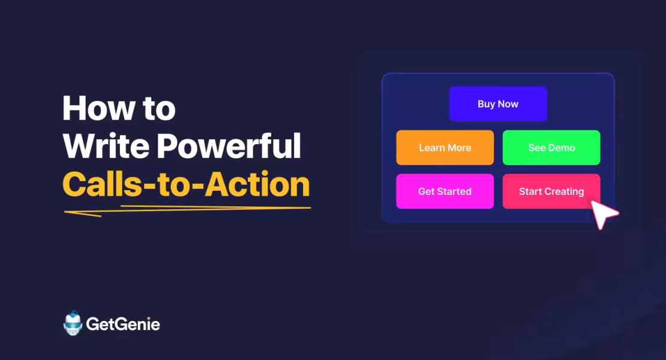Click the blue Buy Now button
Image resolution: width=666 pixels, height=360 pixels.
coord(498,104)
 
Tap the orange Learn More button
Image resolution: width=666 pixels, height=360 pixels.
coord(445,148)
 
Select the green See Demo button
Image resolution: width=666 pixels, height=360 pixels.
coord(551,148)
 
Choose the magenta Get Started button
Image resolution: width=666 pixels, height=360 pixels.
coord(445,191)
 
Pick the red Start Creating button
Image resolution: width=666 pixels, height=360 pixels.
coord(551,191)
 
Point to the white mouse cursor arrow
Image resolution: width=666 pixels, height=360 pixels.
coord(603,214)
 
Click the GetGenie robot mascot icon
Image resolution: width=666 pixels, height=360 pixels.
coord(73,323)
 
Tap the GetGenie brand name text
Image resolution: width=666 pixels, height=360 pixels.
coord(123,325)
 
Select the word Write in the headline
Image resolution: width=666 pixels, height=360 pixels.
coord(97,146)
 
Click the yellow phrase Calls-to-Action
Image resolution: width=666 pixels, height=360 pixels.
coord(186,184)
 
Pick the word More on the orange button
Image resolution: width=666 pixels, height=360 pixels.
coord(459,148)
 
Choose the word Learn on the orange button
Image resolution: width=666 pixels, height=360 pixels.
coord(431,148)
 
